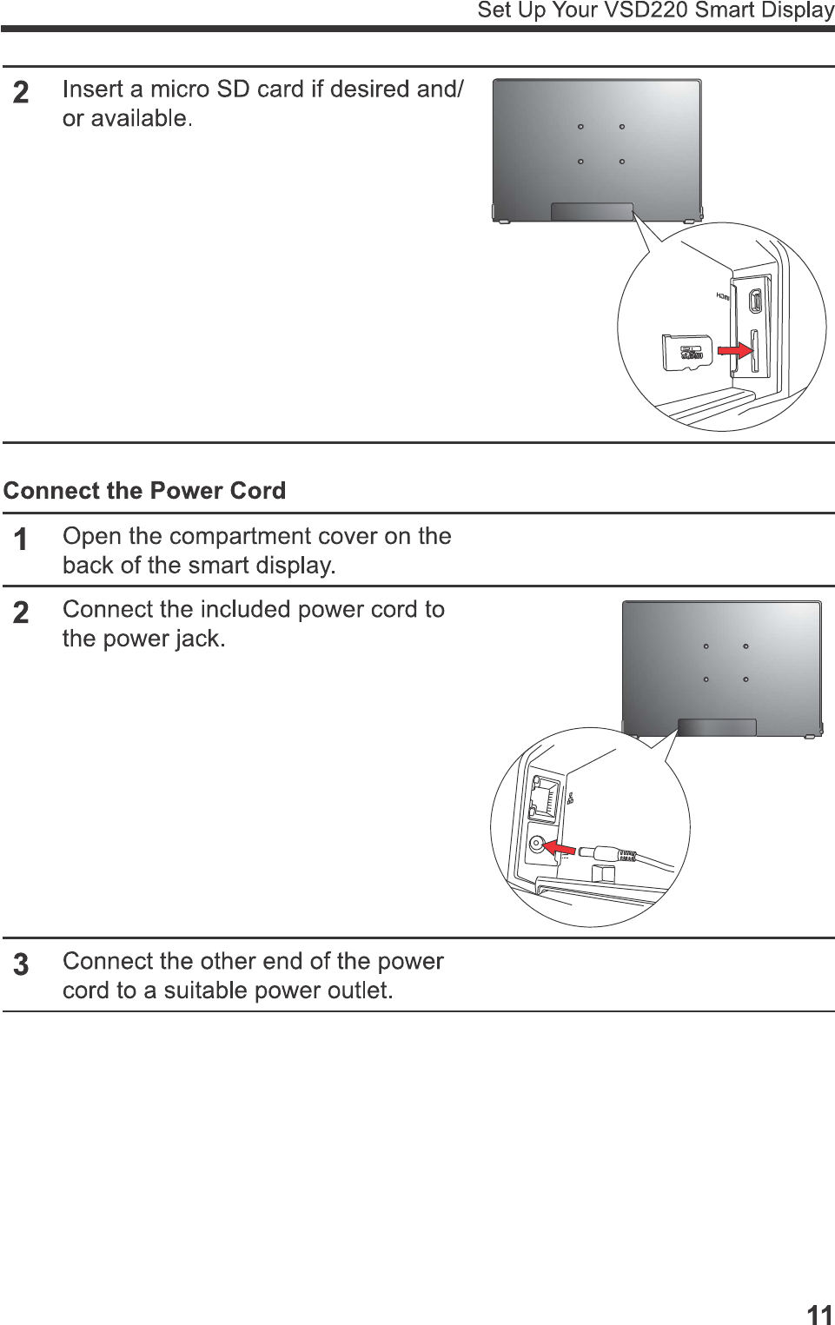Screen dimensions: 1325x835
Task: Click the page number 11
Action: (818, 1314)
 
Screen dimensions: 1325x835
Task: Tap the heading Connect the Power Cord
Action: (144, 491)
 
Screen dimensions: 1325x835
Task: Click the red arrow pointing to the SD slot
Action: (735, 349)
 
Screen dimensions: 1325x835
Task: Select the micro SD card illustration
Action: (686, 352)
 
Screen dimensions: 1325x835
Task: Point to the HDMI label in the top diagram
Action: (722, 296)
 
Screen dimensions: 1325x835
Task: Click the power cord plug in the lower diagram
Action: (607, 854)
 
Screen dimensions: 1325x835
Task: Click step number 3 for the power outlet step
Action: (21, 964)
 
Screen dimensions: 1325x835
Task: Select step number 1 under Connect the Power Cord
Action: (21, 540)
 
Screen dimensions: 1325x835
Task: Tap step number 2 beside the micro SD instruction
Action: (21, 92)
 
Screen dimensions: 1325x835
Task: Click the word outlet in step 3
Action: (358, 990)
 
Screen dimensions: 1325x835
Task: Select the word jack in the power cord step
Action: (198, 639)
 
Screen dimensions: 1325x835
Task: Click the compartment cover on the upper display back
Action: (592, 212)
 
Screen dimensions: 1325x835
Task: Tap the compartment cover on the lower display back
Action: (717, 727)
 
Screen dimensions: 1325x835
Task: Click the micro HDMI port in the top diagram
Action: (755, 301)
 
